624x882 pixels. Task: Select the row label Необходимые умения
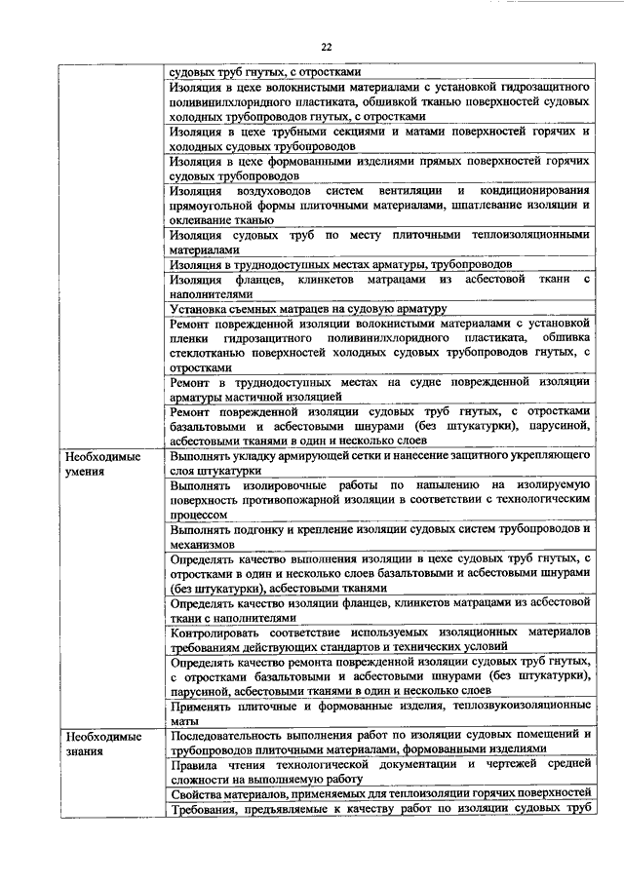(x=100, y=463)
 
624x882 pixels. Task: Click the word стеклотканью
(x=207, y=353)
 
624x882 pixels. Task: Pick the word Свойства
(x=195, y=791)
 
